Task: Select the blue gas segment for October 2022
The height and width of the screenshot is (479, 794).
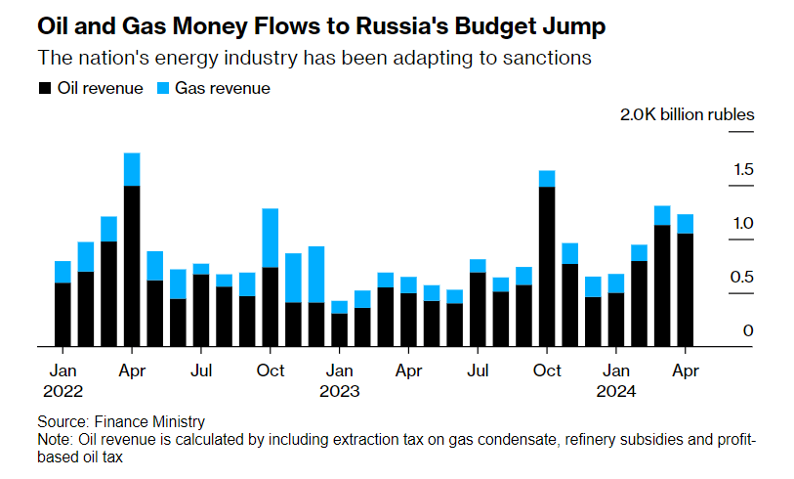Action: pos(271,238)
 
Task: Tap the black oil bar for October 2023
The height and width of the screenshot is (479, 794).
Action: pos(547,266)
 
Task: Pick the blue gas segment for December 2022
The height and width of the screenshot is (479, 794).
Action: pos(316,274)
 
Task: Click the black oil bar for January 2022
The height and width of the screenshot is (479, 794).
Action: pos(63,314)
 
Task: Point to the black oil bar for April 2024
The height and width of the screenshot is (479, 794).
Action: pos(686,289)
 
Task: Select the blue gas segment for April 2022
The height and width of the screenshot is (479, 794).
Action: pos(132,169)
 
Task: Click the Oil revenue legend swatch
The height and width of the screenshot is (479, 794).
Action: pos(44,89)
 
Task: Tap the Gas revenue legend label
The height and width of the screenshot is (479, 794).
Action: pos(223,89)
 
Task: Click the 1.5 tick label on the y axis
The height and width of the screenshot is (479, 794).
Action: pos(743,171)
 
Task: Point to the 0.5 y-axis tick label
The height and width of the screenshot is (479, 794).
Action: pos(743,278)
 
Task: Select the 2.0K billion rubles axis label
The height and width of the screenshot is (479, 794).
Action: pos(688,114)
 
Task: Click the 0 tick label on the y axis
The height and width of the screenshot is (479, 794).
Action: pos(749,331)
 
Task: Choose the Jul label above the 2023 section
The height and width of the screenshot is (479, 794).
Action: pos(479,371)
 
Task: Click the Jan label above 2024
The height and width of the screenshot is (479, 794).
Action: pos(616,371)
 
